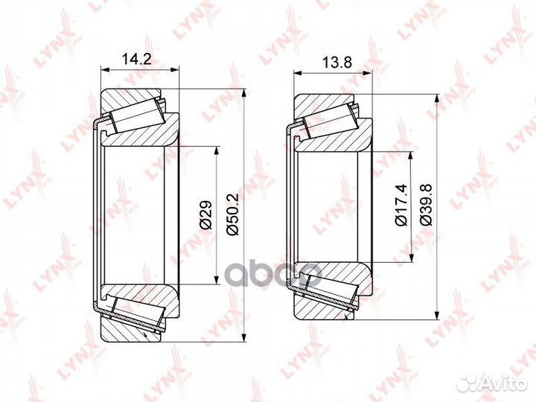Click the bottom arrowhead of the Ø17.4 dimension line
click(x=411, y=267)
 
